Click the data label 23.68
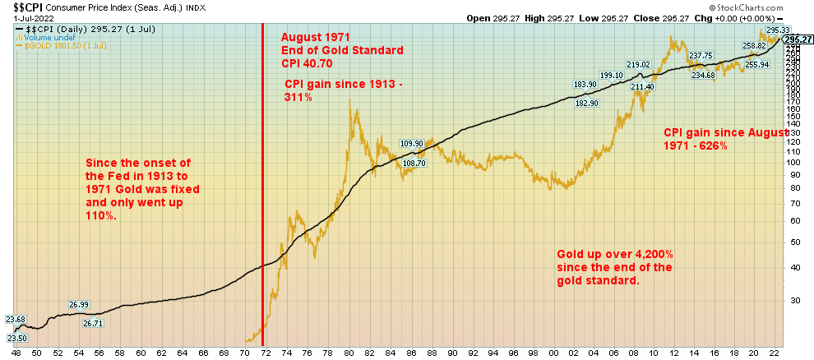coord(15,320)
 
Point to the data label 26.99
coord(79,304)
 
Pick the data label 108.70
coord(415,164)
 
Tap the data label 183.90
coord(585,84)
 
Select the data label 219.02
coord(638,65)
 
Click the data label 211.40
coord(642,87)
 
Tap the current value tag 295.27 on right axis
coord(798,39)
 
